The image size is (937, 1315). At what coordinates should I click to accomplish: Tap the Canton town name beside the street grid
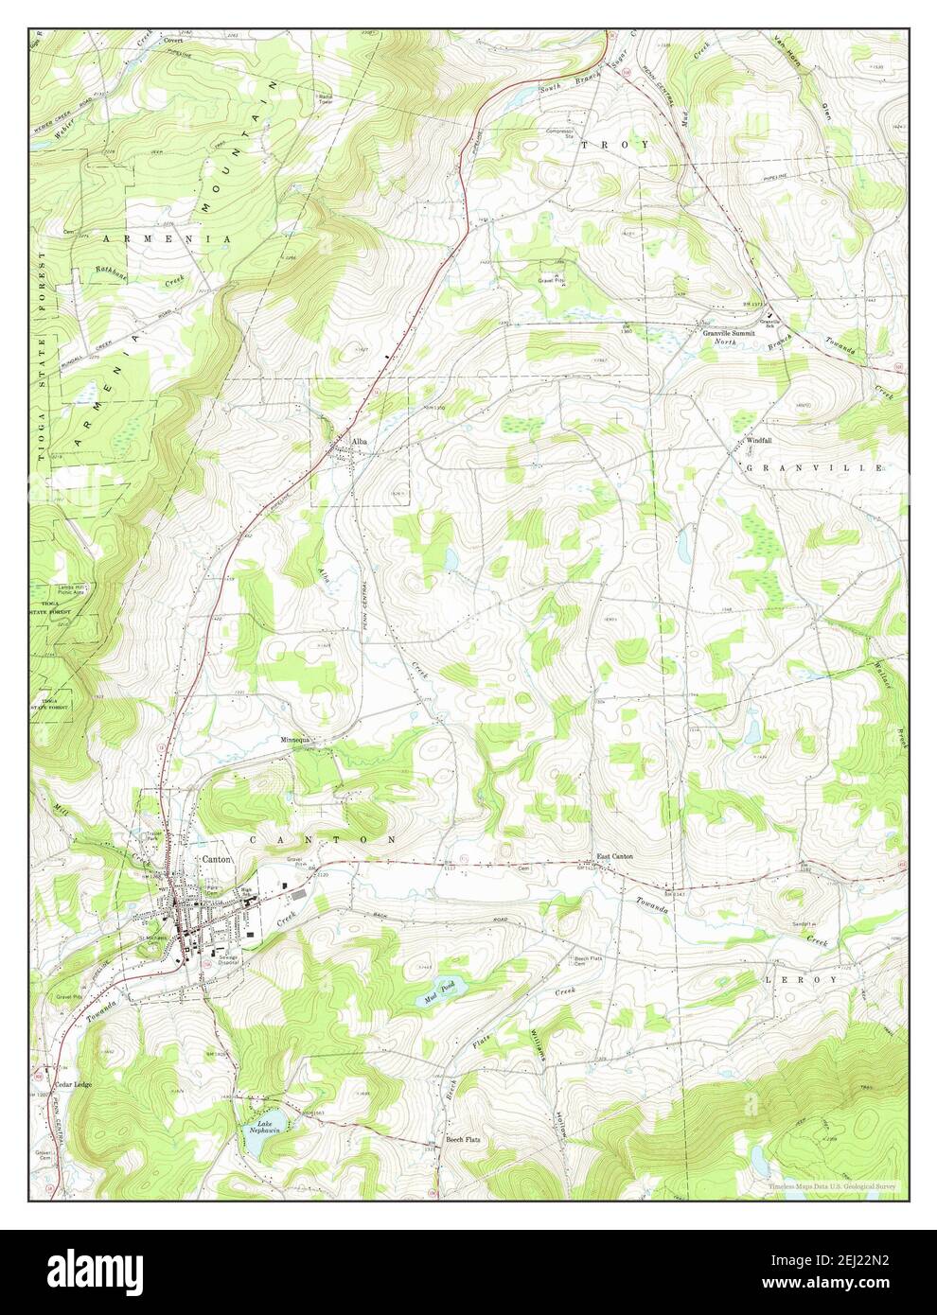[215, 858]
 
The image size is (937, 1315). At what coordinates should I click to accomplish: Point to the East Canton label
[615, 858]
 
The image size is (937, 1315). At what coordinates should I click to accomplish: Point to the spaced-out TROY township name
[615, 145]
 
